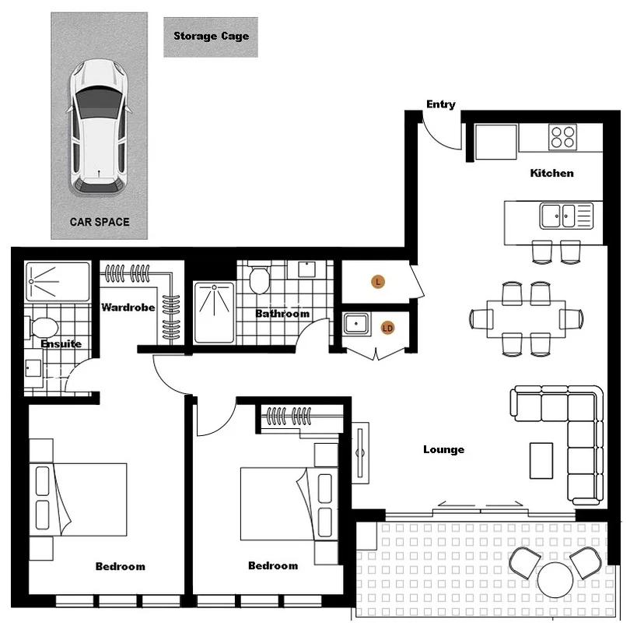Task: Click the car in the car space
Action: pyautogui.click(x=99, y=125)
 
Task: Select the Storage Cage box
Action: pyautogui.click(x=211, y=37)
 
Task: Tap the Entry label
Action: pyautogui.click(x=441, y=104)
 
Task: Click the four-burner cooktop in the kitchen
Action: pyautogui.click(x=563, y=136)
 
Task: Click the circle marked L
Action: pyautogui.click(x=378, y=282)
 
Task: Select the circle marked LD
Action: pyautogui.click(x=387, y=329)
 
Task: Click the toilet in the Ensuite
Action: pyautogui.click(x=45, y=328)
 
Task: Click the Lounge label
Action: pyautogui.click(x=443, y=449)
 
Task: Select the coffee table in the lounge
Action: pyautogui.click(x=541, y=460)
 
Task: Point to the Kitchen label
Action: pyautogui.click(x=551, y=173)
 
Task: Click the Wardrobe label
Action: pyautogui.click(x=128, y=308)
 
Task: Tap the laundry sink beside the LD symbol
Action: pyautogui.click(x=356, y=322)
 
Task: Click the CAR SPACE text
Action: pyautogui.click(x=100, y=222)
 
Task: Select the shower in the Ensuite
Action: pyautogui.click(x=58, y=281)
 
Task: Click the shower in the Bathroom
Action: pyautogui.click(x=213, y=311)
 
